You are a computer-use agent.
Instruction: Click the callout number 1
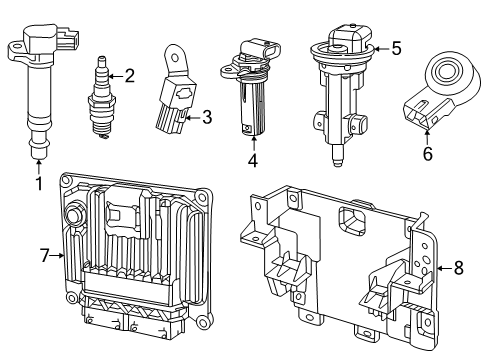coord(38,183)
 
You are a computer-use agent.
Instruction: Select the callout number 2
coord(128,74)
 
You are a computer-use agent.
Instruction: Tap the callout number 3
coord(206,118)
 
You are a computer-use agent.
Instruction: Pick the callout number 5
coord(396,47)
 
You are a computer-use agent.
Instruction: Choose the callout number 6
coord(428,155)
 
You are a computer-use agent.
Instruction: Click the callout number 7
coord(44,256)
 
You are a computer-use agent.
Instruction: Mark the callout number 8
coord(459,267)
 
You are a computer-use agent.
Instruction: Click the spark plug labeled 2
coord(102,95)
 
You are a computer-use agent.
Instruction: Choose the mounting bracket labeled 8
coord(340,260)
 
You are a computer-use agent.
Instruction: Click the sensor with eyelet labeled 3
coord(175,95)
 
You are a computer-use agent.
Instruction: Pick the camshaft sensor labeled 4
coord(248,90)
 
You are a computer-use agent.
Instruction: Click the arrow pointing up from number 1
coord(38,165)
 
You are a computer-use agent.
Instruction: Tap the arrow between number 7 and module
coord(59,256)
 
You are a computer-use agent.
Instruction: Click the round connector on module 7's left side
coord(74,215)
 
